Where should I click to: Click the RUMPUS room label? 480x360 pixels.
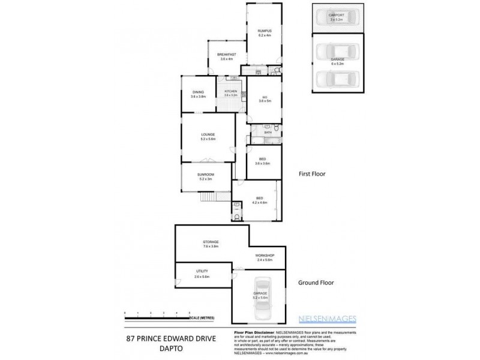(265, 31)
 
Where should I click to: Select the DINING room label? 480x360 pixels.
(198, 92)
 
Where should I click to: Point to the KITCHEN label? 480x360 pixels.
(231, 92)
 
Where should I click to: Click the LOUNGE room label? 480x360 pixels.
(208, 134)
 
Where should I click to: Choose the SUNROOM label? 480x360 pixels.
(206, 175)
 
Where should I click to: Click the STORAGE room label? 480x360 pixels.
(210, 242)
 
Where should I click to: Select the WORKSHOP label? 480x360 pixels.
(264, 256)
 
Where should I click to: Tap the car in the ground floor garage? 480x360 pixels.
(260, 299)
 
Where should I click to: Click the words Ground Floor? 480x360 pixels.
(316, 283)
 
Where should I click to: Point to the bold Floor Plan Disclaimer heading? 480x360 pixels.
(251, 332)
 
